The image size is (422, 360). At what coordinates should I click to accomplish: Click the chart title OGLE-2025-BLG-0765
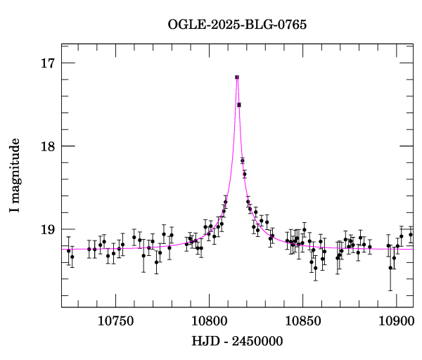coord(237,25)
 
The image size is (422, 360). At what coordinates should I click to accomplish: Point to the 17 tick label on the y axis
coord(48,63)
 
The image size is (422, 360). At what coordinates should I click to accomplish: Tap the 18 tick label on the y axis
coord(48,146)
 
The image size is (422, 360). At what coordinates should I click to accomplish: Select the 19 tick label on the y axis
coord(48,229)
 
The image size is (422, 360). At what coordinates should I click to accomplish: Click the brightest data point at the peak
coord(237,77)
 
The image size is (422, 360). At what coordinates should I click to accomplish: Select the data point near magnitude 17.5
coord(239,105)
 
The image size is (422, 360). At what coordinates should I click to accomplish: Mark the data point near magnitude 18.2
coord(243,160)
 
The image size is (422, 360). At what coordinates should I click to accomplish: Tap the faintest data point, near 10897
coord(390,268)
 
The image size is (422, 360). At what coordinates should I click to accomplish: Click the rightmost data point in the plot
coord(411,235)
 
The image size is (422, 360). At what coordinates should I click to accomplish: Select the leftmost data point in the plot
coord(68,250)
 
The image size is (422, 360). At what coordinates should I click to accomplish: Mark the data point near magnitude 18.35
coord(245,174)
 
